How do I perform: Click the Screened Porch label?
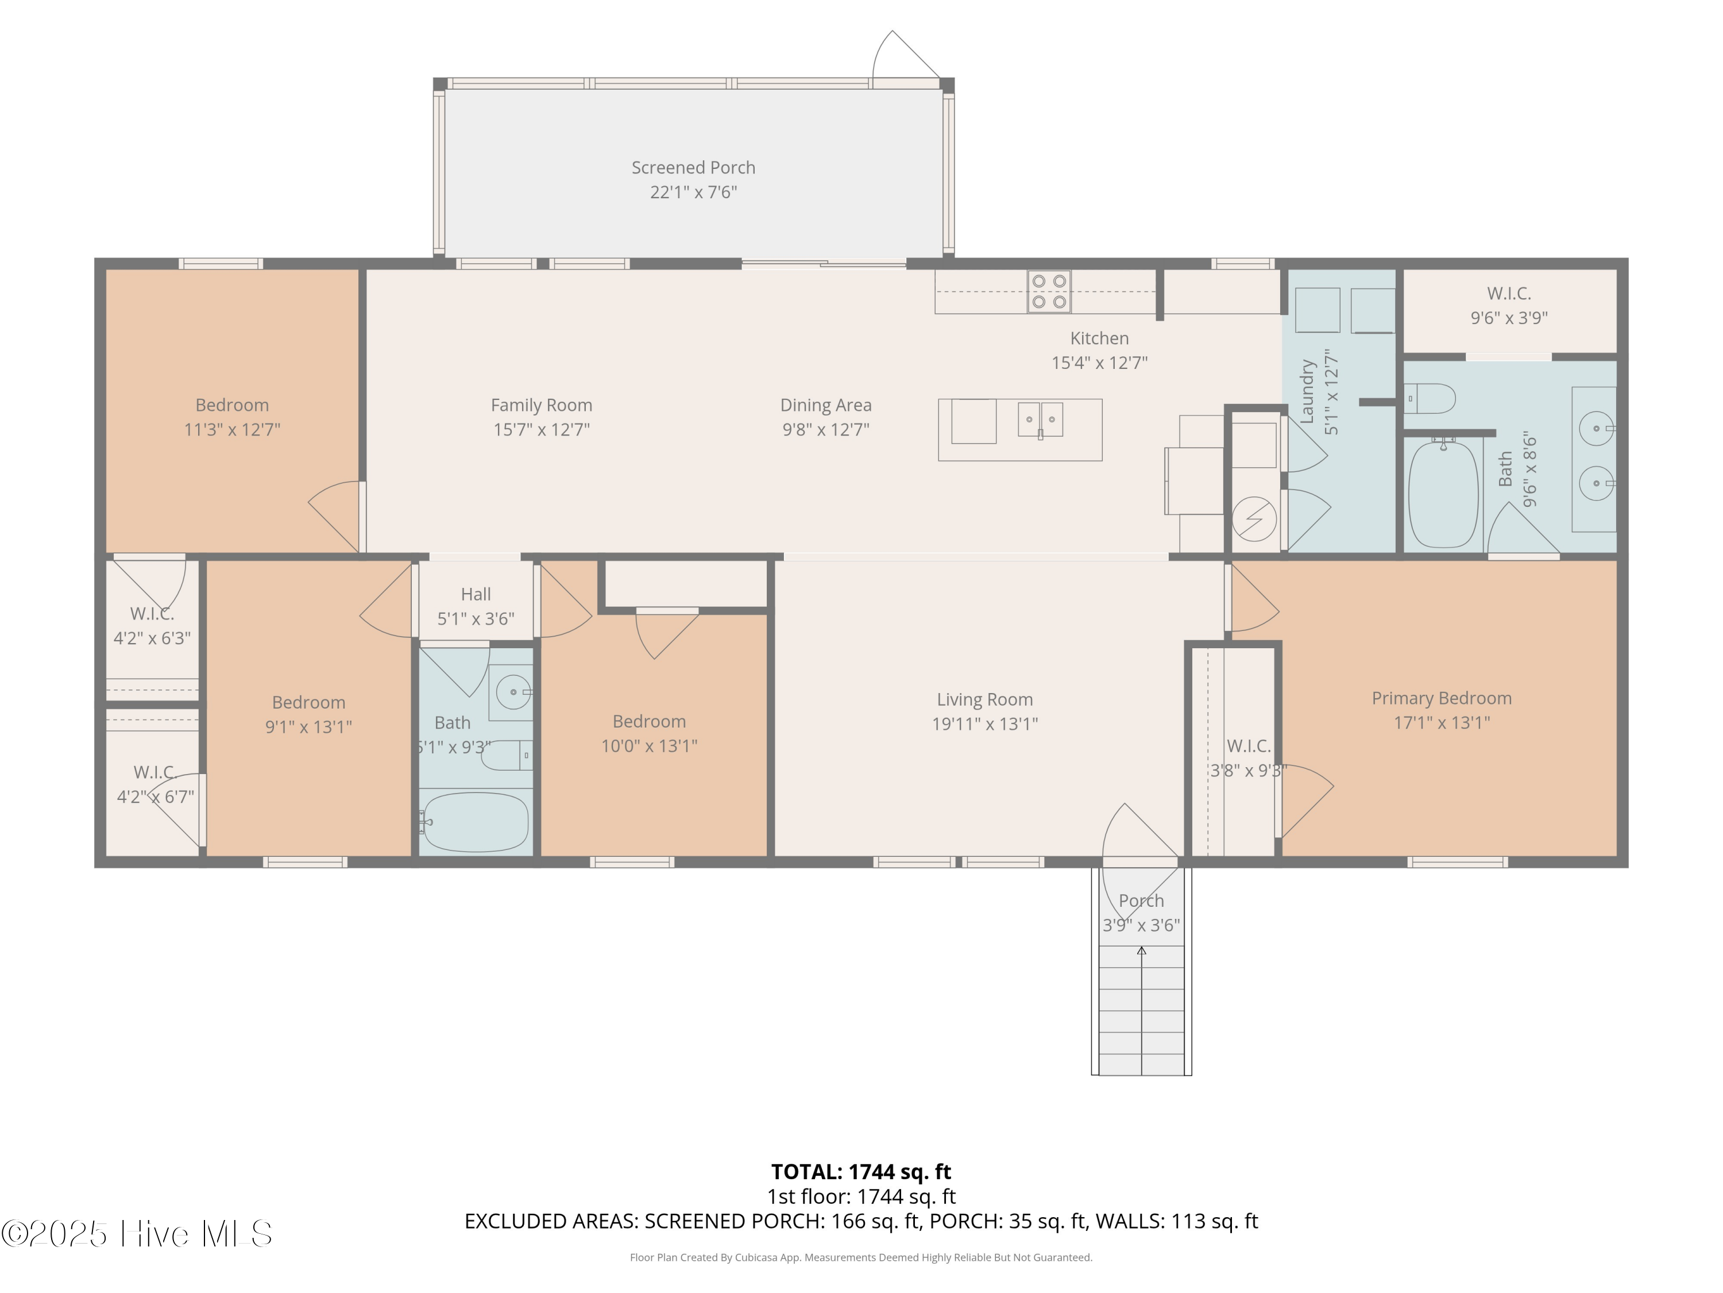pyautogui.click(x=693, y=168)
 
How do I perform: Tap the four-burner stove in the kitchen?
pyautogui.click(x=1048, y=291)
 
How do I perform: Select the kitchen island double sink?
pyautogui.click(x=1040, y=420)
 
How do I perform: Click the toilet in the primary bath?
pyautogui.click(x=1430, y=399)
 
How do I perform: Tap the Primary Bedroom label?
pyautogui.click(x=1441, y=698)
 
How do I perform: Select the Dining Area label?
pyautogui.click(x=826, y=405)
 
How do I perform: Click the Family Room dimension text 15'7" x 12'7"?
pyautogui.click(x=542, y=429)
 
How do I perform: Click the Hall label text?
pyautogui.click(x=476, y=595)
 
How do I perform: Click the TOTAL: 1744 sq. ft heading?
pyautogui.click(x=861, y=1171)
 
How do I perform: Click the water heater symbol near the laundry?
pyautogui.click(x=1254, y=519)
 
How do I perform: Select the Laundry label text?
pyautogui.click(x=1307, y=391)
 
